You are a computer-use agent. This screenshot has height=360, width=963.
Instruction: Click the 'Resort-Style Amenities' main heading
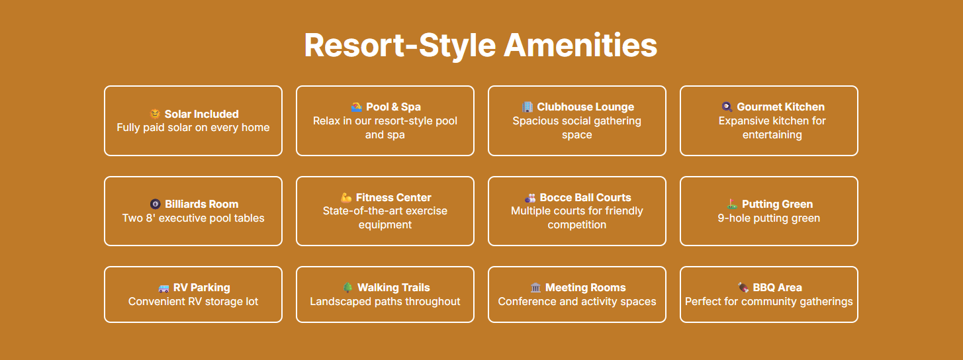click(x=481, y=46)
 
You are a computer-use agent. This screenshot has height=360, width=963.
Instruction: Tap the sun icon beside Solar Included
click(x=155, y=114)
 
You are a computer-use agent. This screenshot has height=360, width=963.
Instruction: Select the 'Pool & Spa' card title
click(x=393, y=107)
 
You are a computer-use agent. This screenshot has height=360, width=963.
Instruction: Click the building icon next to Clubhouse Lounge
click(x=527, y=107)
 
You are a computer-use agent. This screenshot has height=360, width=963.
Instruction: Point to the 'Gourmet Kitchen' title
click(x=781, y=107)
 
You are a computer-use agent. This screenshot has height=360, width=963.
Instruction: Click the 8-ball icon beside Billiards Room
click(x=155, y=204)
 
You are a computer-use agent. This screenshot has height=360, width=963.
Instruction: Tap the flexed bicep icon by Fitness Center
click(x=346, y=197)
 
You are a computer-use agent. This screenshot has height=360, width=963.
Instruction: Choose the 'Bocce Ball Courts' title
click(x=586, y=197)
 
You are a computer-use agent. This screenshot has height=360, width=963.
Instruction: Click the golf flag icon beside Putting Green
click(x=732, y=204)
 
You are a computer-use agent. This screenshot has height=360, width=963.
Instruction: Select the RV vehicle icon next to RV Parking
click(x=163, y=288)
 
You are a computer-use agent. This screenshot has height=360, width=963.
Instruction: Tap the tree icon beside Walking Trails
click(x=347, y=287)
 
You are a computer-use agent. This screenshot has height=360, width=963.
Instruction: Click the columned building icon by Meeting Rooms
click(x=535, y=287)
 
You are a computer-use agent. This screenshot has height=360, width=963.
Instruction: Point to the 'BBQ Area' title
click(x=777, y=287)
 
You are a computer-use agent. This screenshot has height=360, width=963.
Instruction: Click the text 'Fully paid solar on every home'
click(x=193, y=128)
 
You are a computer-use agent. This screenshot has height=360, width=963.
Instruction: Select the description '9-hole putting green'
click(x=768, y=218)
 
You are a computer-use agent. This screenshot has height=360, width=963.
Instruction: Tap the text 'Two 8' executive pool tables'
click(x=193, y=218)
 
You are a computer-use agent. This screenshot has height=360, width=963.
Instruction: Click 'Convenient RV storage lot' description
click(x=193, y=302)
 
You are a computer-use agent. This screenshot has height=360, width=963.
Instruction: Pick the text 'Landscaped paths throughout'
click(x=385, y=302)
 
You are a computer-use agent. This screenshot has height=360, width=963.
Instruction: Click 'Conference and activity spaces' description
click(x=577, y=302)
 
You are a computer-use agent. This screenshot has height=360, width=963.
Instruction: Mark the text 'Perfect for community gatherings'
click(x=768, y=302)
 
